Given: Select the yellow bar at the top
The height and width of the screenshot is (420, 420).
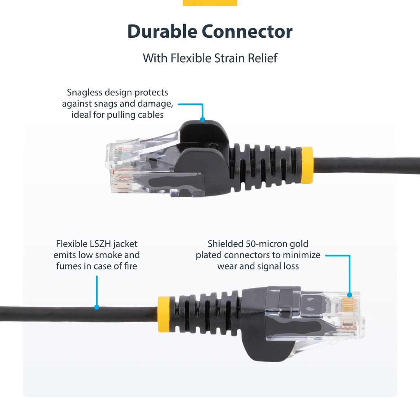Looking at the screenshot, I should (210, 3).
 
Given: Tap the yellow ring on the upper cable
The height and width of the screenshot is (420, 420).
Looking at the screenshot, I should (307, 165).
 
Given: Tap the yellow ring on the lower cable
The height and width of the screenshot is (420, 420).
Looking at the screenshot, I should (163, 314).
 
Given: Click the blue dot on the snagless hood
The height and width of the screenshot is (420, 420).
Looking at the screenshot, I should (202, 119).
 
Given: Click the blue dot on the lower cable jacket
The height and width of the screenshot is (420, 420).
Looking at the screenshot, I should (97, 307).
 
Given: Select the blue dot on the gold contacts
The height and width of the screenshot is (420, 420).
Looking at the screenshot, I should (349, 295).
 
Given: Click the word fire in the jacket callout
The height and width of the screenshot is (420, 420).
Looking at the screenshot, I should (129, 266).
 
